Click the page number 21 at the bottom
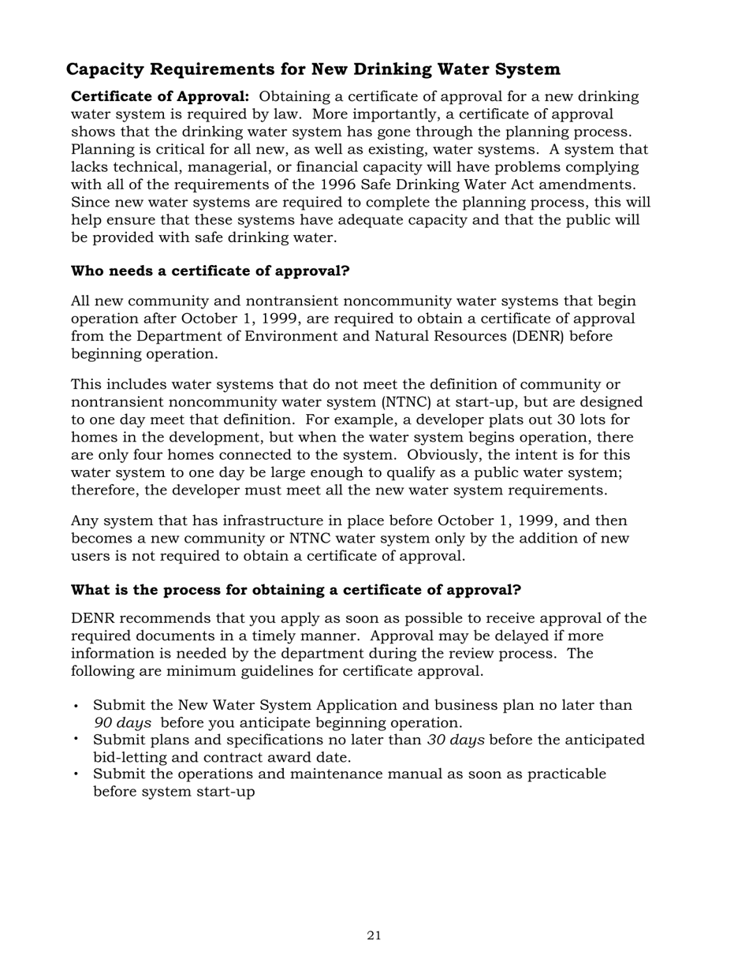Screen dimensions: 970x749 tap(374, 936)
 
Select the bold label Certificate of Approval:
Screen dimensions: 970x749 tap(160, 96)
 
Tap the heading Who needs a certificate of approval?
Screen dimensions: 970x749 tap(211, 271)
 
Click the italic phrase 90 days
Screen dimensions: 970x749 tap(122, 722)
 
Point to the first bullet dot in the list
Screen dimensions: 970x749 tap(76, 707)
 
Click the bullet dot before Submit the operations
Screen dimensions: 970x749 tap(76, 774)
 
